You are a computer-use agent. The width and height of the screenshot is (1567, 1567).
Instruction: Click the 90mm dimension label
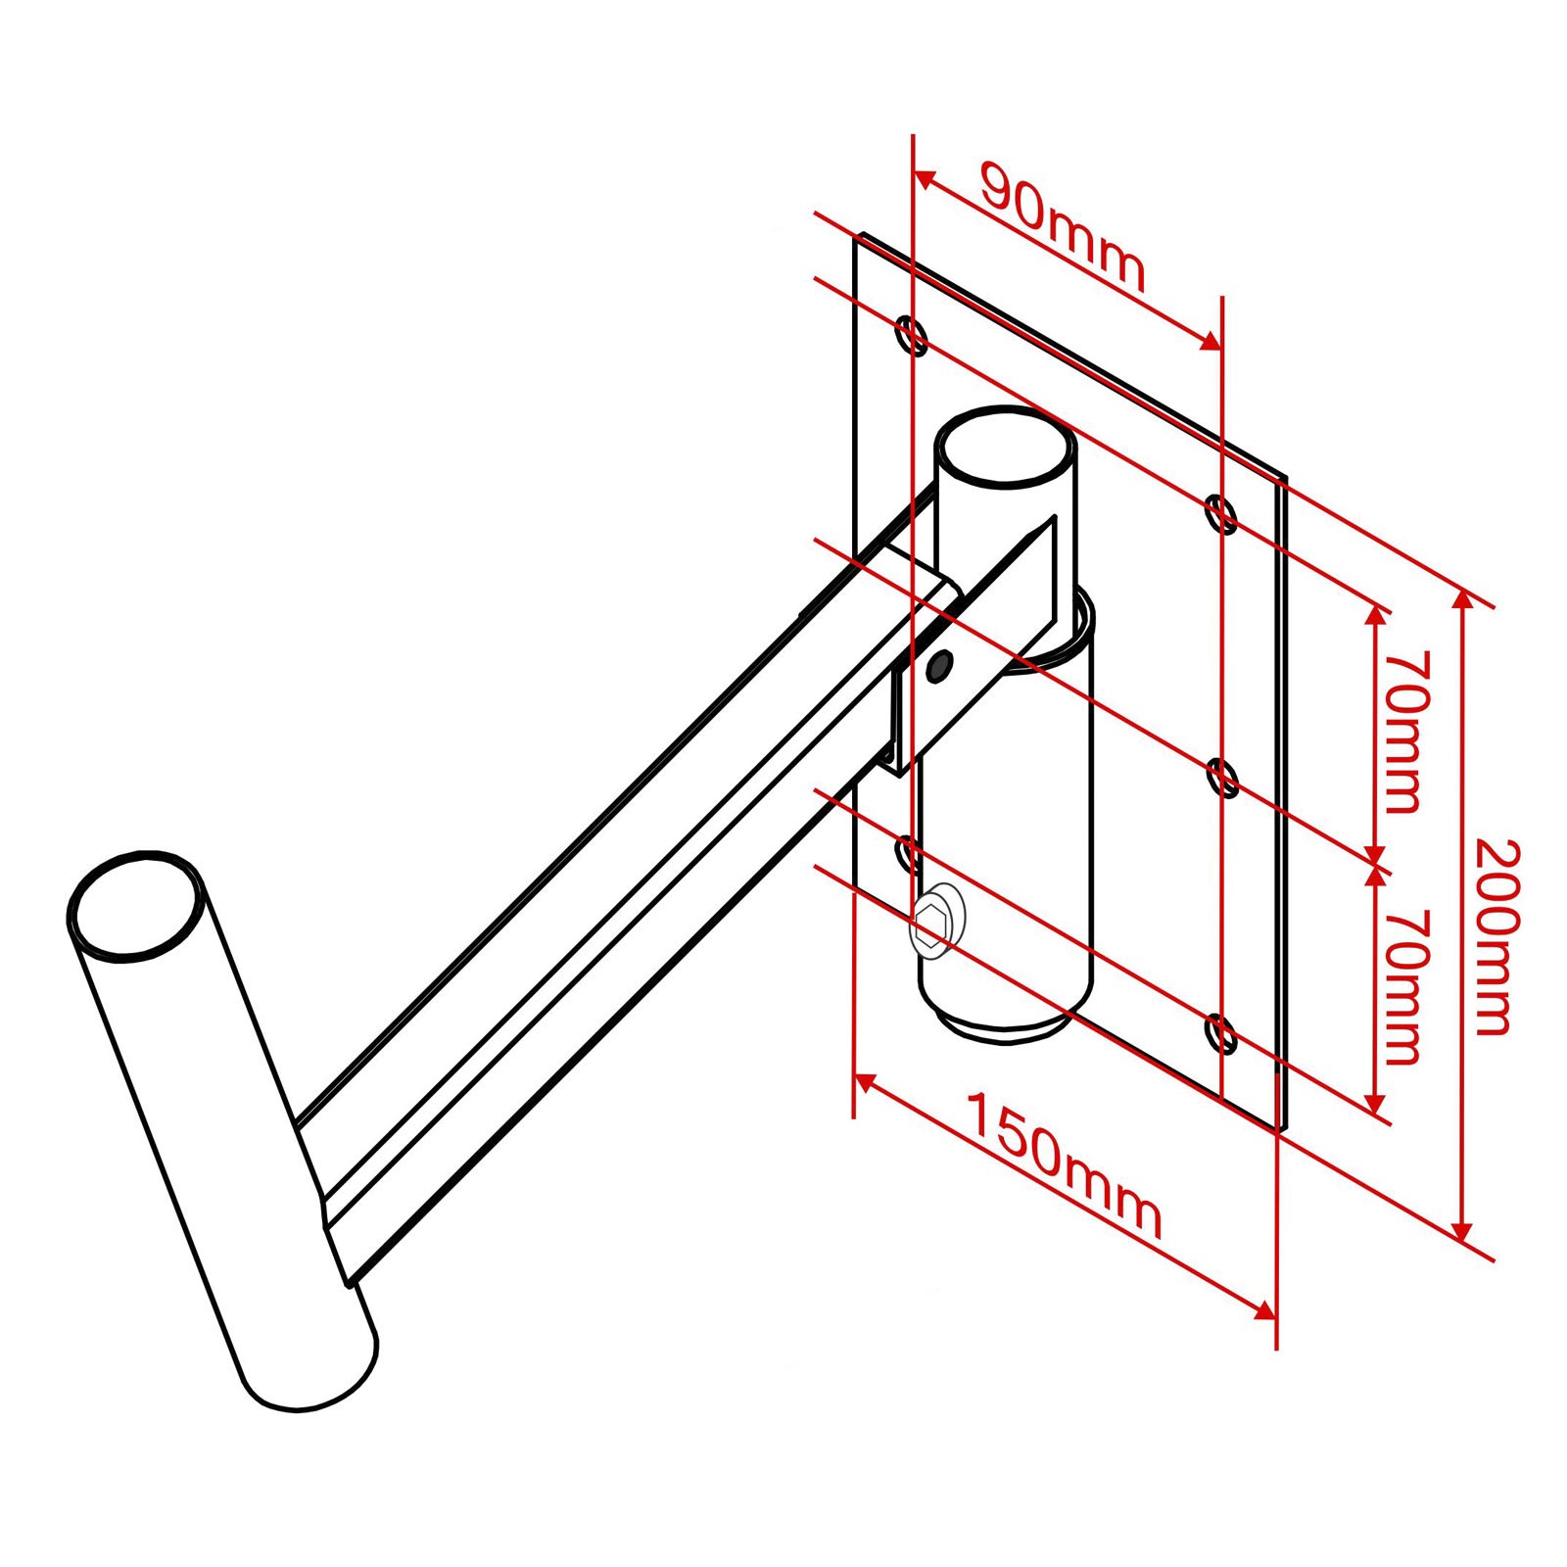pyautogui.click(x=1063, y=227)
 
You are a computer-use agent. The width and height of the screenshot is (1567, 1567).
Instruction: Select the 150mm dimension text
pyautogui.click(x=1065, y=1164)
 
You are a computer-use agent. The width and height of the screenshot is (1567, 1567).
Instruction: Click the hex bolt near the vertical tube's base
pyautogui.click(x=935, y=920)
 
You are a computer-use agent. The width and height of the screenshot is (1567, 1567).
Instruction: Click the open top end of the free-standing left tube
pyautogui.click(x=137, y=906)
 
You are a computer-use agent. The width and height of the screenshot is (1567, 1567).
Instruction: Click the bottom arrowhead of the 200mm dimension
pyautogui.click(x=1463, y=1228)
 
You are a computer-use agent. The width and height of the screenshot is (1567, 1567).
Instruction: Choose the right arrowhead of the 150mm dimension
pyautogui.click(x=1263, y=1309)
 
